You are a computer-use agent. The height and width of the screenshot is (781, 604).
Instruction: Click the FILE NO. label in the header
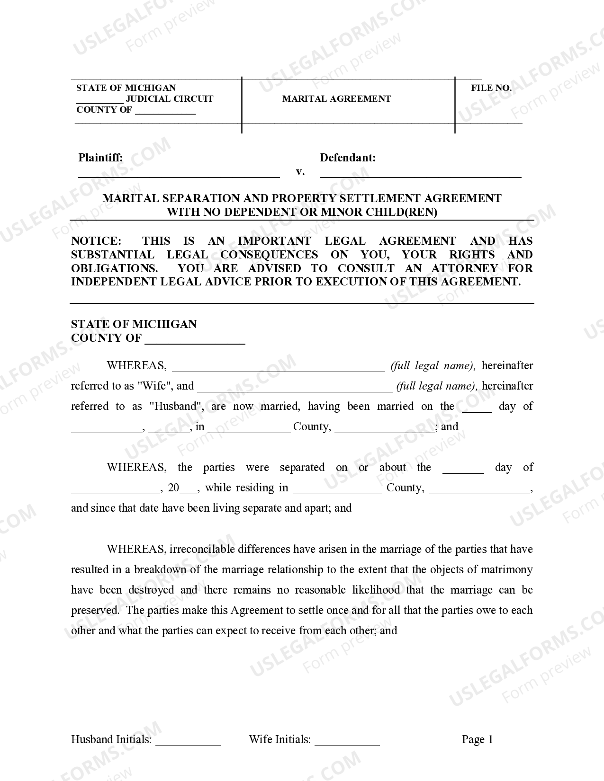point(491,88)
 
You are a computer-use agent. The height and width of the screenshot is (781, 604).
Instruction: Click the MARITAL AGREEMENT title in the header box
point(336,99)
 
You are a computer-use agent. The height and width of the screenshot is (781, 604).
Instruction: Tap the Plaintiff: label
point(100,158)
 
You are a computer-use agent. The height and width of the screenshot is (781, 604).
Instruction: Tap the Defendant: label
point(348,158)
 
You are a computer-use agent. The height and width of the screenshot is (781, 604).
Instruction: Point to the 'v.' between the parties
point(300,171)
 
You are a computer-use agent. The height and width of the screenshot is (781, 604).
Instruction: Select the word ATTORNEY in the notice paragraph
point(464,268)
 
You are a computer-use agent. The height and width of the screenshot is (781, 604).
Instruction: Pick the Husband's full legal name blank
point(295,389)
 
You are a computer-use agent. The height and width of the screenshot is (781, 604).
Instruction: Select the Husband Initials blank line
point(188,743)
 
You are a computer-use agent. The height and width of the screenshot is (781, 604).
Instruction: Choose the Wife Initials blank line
point(347,743)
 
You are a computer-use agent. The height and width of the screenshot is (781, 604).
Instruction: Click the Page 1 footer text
point(477,740)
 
